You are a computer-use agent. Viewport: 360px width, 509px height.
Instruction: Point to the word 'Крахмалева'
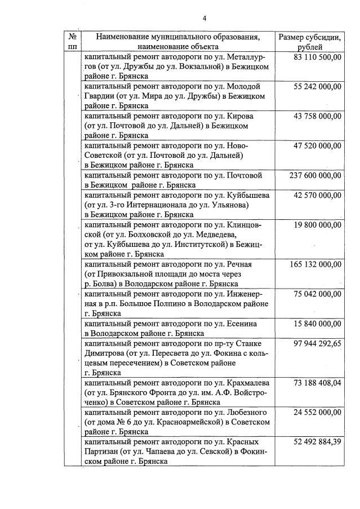(248, 383)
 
